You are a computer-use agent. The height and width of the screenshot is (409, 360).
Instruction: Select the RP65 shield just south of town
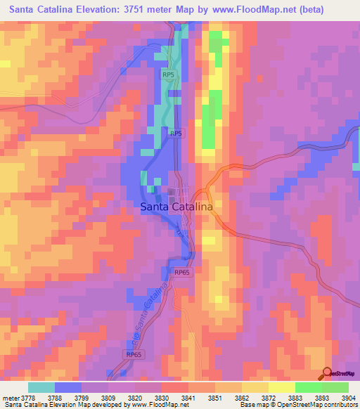pyautogui.click(x=182, y=272)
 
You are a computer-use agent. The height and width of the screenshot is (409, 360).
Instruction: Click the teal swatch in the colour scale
pyautogui.click(x=41, y=387)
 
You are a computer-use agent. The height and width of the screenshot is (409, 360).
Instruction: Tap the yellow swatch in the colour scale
pyautogui.click(x=281, y=387)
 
